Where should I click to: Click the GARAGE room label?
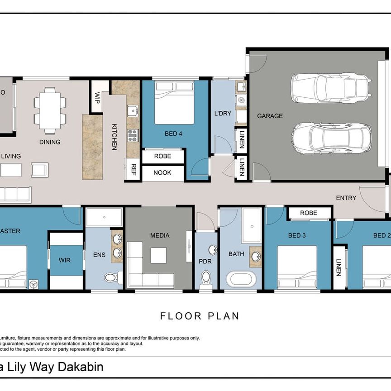(x=270, y=116)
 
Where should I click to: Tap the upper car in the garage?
(x=331, y=87)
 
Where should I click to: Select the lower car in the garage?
(x=331, y=138)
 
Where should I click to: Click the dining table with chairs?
(x=50, y=109)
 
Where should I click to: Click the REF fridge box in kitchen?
(x=134, y=170)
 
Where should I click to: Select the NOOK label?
(x=162, y=173)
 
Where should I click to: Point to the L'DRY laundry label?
(x=223, y=113)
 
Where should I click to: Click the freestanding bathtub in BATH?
(x=241, y=278)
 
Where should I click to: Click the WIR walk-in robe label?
(x=64, y=260)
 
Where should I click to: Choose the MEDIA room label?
(x=160, y=235)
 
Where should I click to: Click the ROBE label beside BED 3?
(x=308, y=213)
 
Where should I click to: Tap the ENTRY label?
(x=346, y=198)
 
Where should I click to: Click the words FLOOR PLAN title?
(x=200, y=316)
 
